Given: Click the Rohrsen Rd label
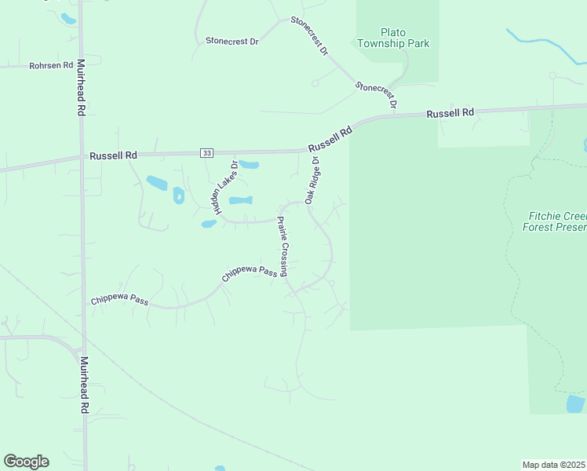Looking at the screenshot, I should pos(51,65).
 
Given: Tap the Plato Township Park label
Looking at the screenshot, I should pos(393,38).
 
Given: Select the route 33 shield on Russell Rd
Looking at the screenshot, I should pos(206,152).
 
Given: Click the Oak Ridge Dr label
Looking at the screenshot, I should pos(312,181).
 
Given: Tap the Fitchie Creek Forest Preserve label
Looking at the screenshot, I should pos(556,221).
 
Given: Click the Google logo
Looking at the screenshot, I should pos(26,462).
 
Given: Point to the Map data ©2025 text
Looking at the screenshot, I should pos(554,465).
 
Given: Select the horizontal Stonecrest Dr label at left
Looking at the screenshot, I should pos(232,41).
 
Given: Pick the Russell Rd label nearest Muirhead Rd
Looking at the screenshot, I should pos(113,155).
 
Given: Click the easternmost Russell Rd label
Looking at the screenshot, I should pos(450,113).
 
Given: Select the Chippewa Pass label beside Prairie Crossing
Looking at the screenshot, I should pos(250,272).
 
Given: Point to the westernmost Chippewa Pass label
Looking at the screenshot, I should pos(119,300).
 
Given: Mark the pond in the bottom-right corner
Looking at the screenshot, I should pos(575,404).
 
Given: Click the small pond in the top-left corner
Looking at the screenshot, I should pos(68,17).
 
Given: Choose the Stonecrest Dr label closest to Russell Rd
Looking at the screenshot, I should pos(377,94).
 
